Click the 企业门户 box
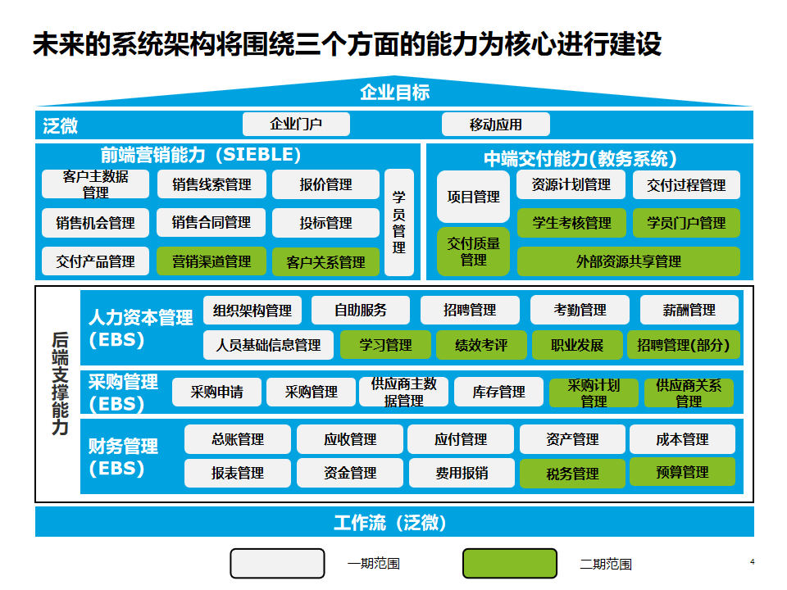[296, 125]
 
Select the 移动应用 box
[495, 125]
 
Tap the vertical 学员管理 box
[399, 222]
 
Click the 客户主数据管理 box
[95, 184]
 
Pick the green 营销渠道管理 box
[212, 261]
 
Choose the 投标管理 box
[325, 223]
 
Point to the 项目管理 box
[473, 197]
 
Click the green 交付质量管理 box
[473, 252]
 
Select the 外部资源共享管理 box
[628, 261]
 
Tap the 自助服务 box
[361, 311]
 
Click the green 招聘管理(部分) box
[683, 345]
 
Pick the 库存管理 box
[498, 393]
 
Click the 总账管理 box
[238, 439]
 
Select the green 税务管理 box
[572, 473]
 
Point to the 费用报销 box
[461, 473]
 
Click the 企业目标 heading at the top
[394, 93]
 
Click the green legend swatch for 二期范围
[511, 564]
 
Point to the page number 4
[752, 561]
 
